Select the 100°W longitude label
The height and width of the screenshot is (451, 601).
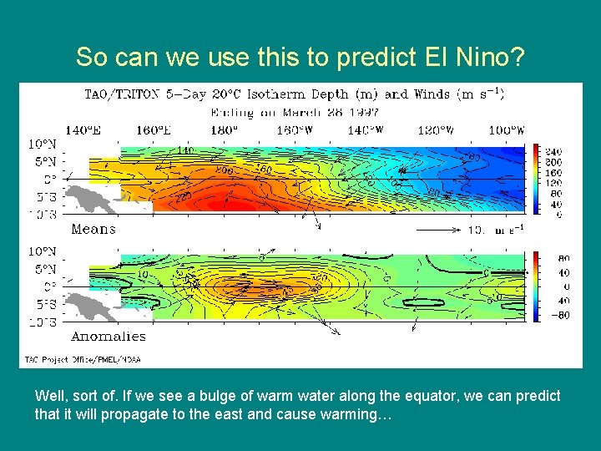pos(507,130)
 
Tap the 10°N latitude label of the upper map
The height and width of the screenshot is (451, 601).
pos(43,144)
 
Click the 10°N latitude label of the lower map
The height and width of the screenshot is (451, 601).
pos(43,251)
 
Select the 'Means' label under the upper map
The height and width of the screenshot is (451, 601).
pos(93,229)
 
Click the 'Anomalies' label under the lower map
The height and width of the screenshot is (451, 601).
pos(108,336)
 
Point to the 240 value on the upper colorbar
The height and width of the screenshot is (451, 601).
pos(553,151)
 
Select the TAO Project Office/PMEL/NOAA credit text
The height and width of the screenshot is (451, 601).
pos(80,359)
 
